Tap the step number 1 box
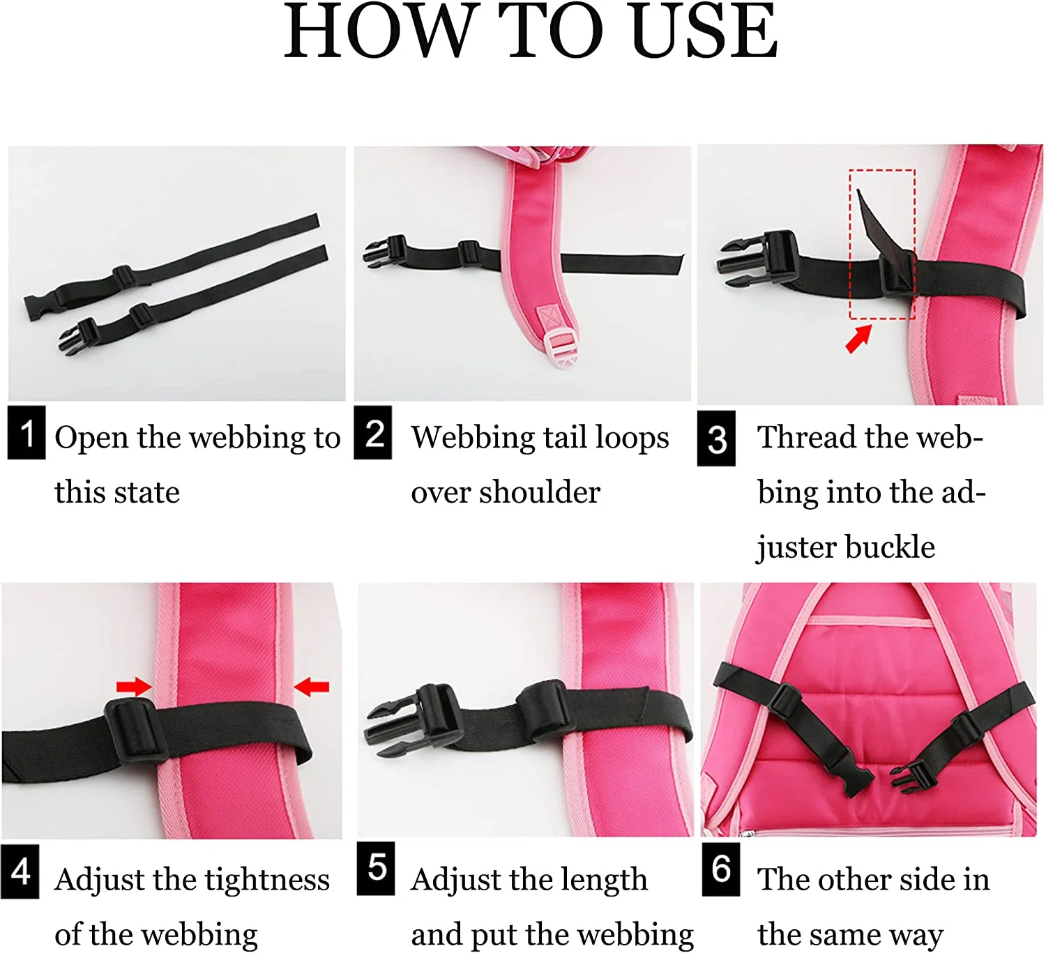(x=26, y=433)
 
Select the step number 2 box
(x=373, y=433)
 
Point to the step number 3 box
(x=716, y=439)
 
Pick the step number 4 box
(x=20, y=871)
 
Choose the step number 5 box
(x=376, y=869)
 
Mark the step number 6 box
(x=721, y=869)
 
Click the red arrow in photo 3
(x=859, y=338)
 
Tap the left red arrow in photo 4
(x=134, y=687)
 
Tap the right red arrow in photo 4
(x=311, y=687)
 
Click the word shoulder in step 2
(x=540, y=492)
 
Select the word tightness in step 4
(x=267, y=880)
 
